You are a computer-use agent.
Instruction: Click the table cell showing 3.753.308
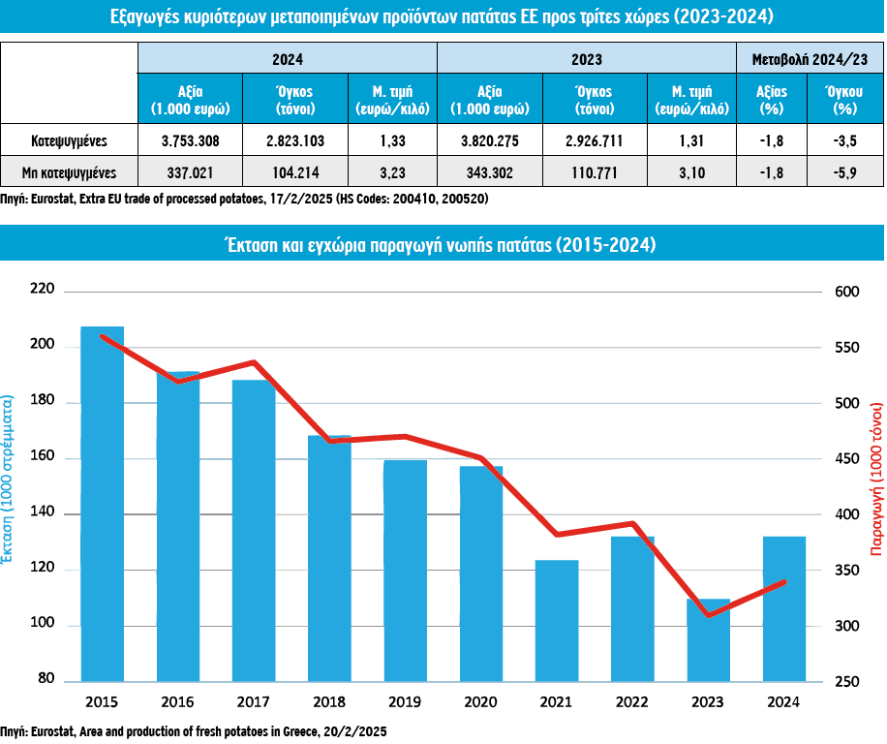pos(191,140)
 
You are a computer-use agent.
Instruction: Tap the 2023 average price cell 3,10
pos(686,174)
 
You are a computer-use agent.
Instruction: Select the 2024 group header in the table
pos(288,59)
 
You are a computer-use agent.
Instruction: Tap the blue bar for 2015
pos(102,504)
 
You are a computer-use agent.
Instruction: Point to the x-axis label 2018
pos(329,701)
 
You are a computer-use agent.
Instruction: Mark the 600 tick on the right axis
pos(846,291)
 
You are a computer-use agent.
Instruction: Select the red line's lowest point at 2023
pos(708,615)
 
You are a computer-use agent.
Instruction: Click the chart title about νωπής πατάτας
pos(442,245)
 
